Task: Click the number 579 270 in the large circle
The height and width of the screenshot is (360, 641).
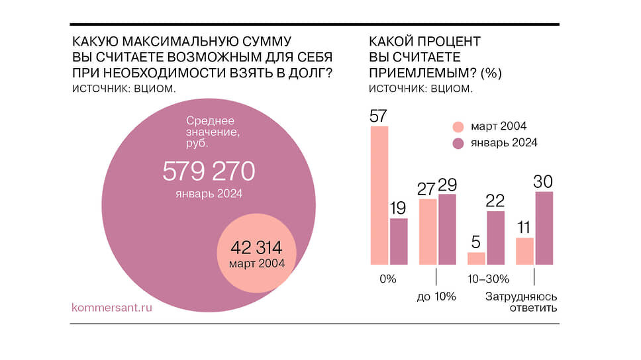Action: point(209,172)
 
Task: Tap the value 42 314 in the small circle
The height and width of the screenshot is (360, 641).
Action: point(256,248)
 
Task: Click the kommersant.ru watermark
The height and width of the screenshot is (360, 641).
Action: point(111,308)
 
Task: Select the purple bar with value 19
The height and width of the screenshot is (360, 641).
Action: point(399,241)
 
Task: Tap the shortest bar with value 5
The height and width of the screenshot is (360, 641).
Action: point(476,257)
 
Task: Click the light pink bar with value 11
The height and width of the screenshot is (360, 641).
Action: point(524,250)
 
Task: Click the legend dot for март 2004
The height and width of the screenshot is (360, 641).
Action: point(458,126)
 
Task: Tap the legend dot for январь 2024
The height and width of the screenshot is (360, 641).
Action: point(458,143)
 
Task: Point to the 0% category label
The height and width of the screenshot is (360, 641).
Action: point(388,279)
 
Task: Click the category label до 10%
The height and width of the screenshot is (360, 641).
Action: point(436,296)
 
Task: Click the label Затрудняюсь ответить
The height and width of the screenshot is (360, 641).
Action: point(522,302)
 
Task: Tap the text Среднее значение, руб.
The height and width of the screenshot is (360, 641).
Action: point(211,131)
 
